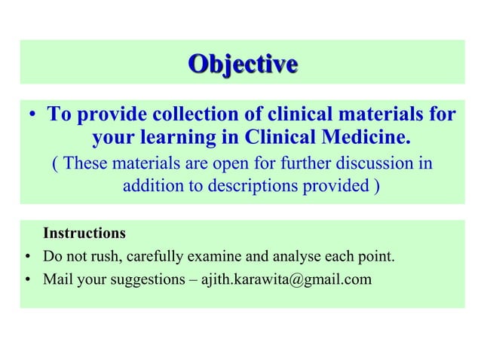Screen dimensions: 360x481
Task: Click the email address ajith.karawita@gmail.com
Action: tap(286, 281)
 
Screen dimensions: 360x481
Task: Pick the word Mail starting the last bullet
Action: tap(58, 281)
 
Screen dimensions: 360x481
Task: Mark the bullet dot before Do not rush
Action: tap(28, 257)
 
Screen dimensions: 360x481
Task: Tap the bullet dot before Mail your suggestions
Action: tap(28, 282)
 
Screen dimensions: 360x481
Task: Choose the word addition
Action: tap(152, 185)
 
